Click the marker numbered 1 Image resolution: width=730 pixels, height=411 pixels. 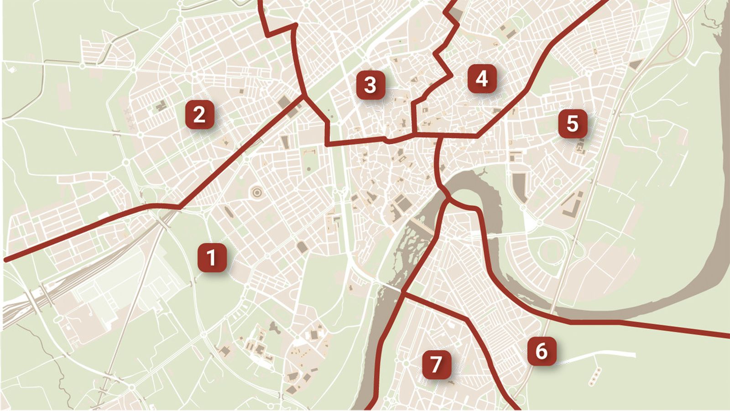212,258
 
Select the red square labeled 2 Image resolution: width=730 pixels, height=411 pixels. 199,114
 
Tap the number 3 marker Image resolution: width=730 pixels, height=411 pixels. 370,85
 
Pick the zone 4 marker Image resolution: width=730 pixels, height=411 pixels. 482,78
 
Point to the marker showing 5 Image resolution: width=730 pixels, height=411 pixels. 573,124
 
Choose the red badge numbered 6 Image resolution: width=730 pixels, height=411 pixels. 542,351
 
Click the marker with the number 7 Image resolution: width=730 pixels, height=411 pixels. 436,364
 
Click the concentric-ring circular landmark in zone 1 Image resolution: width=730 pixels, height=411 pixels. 256,192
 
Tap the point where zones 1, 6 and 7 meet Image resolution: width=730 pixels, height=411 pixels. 403,292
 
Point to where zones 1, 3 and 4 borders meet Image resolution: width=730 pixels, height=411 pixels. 413,134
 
